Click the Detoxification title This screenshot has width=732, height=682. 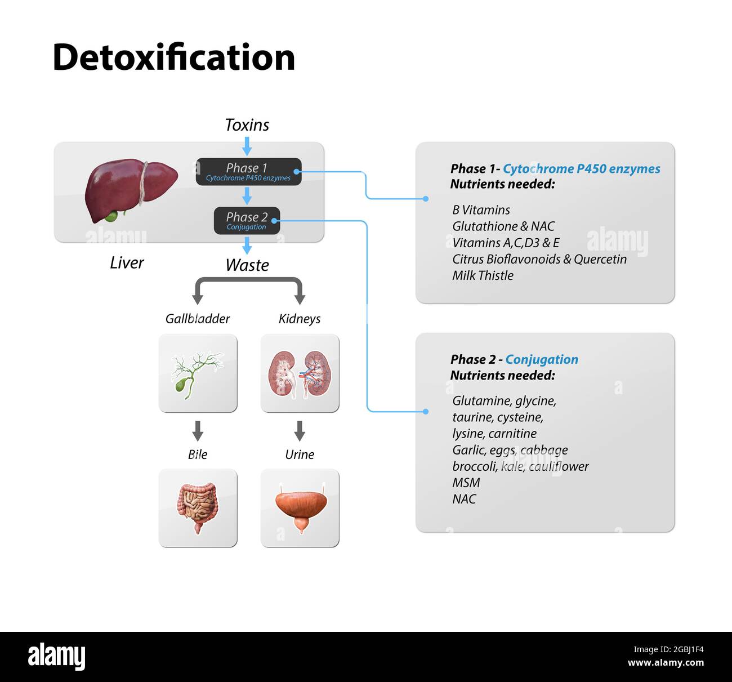(173, 57)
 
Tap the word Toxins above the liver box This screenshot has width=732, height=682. (247, 124)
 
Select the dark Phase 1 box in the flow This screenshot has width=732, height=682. (248, 172)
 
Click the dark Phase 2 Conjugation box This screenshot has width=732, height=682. (247, 221)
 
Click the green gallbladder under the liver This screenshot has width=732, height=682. (111, 216)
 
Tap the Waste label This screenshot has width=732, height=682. (247, 265)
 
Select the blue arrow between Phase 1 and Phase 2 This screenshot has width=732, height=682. (247, 196)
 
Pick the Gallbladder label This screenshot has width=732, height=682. (197, 319)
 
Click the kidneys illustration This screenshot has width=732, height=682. (300, 373)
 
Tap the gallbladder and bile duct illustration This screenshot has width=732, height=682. (197, 373)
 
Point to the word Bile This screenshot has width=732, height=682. (197, 454)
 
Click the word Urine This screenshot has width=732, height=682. (300, 454)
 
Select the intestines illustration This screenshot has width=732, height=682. (197, 507)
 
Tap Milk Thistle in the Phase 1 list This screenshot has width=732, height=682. (483, 275)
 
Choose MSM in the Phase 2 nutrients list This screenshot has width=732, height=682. (466, 483)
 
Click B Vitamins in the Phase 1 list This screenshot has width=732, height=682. (481, 210)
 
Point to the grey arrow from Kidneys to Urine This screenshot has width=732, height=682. (300, 431)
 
